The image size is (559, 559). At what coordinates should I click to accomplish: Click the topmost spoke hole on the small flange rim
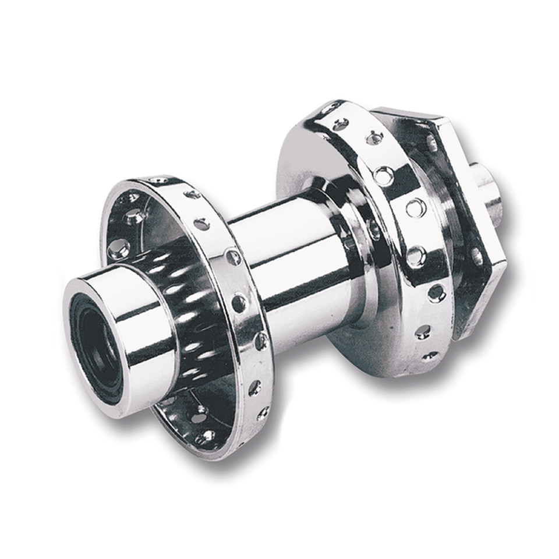point(158,181)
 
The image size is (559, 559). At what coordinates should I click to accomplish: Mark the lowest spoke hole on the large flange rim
point(429,355)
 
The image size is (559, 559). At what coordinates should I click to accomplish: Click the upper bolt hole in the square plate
point(431,143)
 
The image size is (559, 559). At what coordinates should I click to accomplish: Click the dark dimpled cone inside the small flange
point(186,303)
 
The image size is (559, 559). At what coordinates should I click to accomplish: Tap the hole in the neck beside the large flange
point(373,229)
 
